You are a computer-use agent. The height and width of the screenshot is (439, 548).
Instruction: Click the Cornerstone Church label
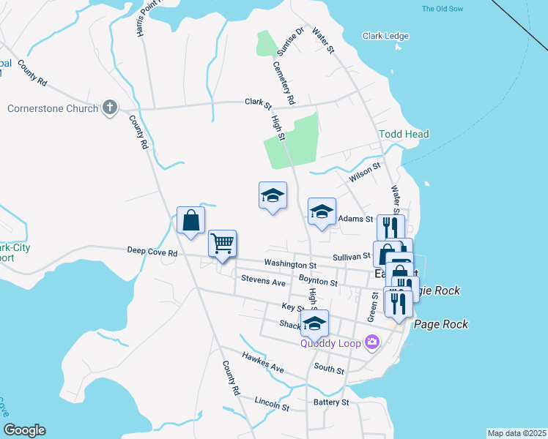tap(53, 108)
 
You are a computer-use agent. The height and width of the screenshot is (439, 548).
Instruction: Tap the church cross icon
tap(110, 108)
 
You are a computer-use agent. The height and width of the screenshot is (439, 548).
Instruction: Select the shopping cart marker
tap(222, 243)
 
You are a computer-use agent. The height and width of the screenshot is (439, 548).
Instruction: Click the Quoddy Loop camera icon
tap(373, 342)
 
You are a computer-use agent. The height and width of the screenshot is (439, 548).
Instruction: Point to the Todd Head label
tap(404, 134)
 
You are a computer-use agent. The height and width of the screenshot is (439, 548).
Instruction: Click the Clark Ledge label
tap(385, 36)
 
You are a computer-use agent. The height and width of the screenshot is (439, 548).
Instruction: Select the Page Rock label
tap(440, 324)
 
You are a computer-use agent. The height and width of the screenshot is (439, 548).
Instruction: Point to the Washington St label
tap(290, 264)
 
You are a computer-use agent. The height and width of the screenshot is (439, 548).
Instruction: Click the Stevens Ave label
tap(263, 281)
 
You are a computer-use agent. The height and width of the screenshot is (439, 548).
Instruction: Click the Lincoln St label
tap(272, 403)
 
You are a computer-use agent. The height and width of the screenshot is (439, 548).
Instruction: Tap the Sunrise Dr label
tap(289, 42)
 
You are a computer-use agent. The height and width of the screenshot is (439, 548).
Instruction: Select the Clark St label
tap(258, 102)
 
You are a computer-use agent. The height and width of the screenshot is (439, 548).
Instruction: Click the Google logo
tap(24, 430)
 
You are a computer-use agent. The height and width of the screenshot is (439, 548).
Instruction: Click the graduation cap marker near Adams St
tap(321, 212)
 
